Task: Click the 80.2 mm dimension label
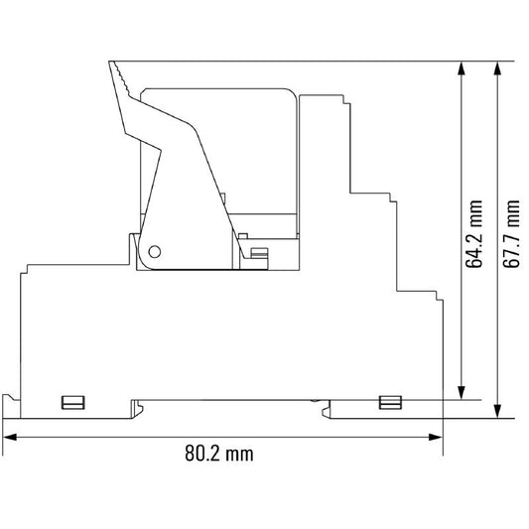click(x=219, y=454)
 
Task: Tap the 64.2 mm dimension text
click(x=473, y=234)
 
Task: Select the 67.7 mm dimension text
click(x=511, y=234)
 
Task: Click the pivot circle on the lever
click(x=155, y=252)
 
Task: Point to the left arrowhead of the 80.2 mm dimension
click(x=10, y=438)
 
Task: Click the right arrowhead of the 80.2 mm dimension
click(x=436, y=438)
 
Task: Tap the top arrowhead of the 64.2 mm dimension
click(x=462, y=68)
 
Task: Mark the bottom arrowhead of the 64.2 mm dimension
click(x=462, y=393)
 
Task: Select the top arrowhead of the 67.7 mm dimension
click(x=497, y=68)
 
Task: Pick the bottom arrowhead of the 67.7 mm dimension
click(x=497, y=411)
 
